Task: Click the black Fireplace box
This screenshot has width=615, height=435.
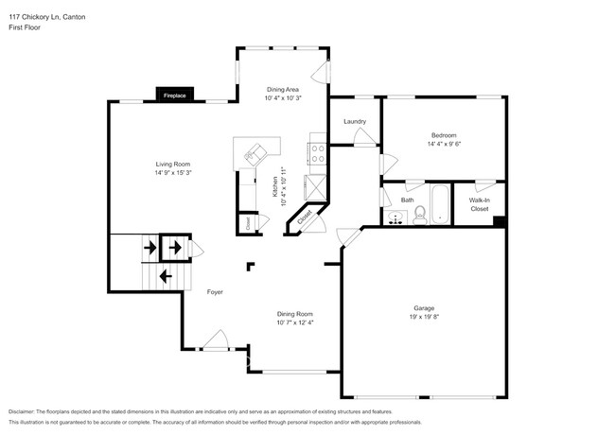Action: pyautogui.click(x=174, y=96)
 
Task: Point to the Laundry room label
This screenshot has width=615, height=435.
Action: pyautogui.click(x=355, y=121)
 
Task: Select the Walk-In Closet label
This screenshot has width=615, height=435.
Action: pyautogui.click(x=479, y=204)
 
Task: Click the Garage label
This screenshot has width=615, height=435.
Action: pyautogui.click(x=423, y=307)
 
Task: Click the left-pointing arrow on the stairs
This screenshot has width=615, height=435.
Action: pyautogui.click(x=166, y=276)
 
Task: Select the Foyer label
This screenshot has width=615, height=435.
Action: pyautogui.click(x=215, y=292)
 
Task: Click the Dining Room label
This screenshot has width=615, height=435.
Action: pyautogui.click(x=295, y=313)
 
